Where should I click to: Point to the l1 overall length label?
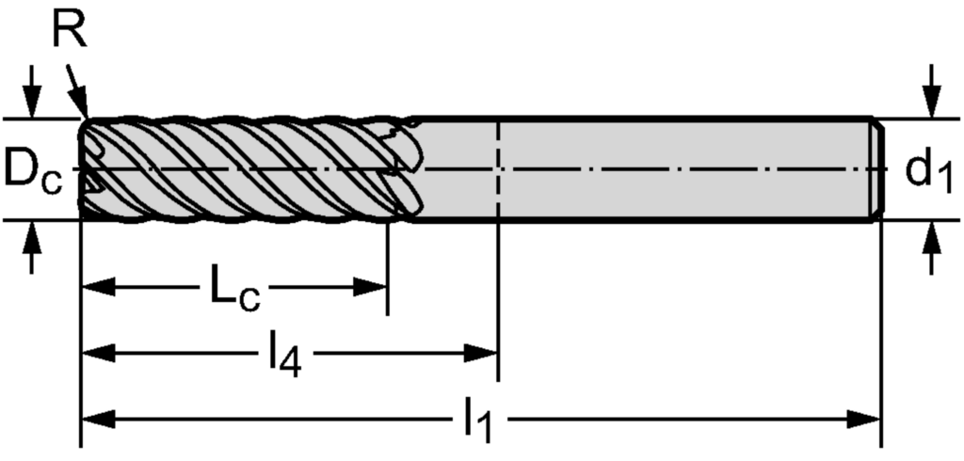click(x=478, y=421)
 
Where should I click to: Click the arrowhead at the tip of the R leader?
click(x=82, y=110)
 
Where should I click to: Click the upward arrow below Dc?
click(x=34, y=240)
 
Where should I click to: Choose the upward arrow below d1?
click(x=931, y=240)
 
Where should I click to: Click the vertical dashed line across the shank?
click(x=497, y=169)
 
